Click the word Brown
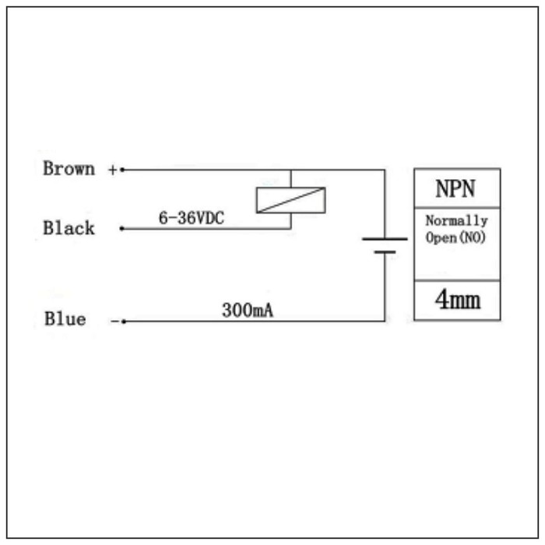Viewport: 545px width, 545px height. [69, 168]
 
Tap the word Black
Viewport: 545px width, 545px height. [69, 228]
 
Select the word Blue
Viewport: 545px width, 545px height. [65, 319]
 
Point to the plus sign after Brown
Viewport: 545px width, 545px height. [112, 169]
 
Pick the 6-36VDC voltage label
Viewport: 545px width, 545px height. [191, 219]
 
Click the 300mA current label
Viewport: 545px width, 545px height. [248, 311]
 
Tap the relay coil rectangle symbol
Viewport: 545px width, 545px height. [290, 200]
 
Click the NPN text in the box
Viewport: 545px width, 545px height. [456, 188]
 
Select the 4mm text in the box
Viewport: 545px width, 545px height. [457, 301]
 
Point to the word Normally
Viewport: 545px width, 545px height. [456, 221]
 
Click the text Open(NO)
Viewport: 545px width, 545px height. [456, 237]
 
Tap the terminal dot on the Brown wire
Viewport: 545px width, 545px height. [122, 169]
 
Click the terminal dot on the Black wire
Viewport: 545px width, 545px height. [121, 229]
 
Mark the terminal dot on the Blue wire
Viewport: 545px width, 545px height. [122, 321]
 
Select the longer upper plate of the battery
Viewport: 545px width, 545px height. [385, 239]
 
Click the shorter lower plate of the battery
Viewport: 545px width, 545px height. [385, 252]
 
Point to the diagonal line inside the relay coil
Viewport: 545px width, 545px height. [290, 200]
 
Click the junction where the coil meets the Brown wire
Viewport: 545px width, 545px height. [290, 169]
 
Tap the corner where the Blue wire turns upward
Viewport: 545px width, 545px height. [385, 320]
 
